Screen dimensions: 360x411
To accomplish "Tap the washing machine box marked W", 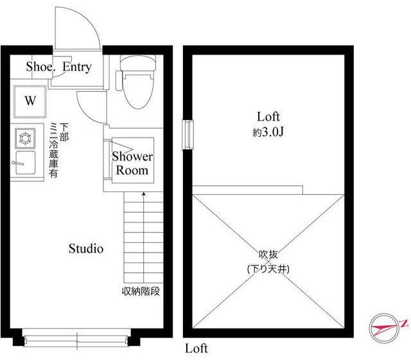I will coord(30,100).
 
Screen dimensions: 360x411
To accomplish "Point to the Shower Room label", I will coord(132,163).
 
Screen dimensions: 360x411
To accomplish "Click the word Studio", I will coord(86,249).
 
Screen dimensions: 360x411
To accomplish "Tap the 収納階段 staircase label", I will coord(141,291).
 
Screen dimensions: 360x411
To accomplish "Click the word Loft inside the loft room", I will coord(268,116).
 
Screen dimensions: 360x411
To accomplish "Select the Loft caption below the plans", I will coord(197,349).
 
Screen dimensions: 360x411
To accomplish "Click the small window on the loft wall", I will coord(188,134).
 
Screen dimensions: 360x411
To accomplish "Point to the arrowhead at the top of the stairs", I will coord(143,194).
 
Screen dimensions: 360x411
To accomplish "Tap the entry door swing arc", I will coord(83,26).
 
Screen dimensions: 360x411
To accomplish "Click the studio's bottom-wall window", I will coord(78,337).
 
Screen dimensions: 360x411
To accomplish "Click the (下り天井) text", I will coord(269,268).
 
